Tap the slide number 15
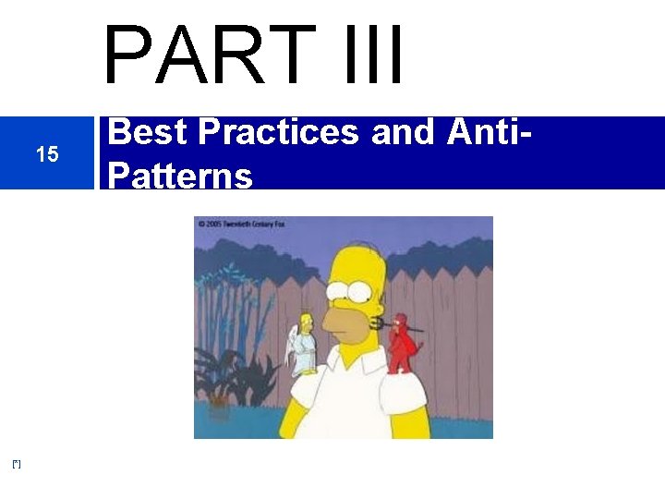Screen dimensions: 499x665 (46, 154)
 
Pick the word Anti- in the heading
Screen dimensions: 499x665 (488, 134)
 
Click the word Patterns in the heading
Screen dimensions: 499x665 (180, 175)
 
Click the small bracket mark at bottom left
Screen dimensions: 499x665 (17, 463)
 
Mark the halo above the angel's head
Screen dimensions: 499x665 (307, 312)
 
